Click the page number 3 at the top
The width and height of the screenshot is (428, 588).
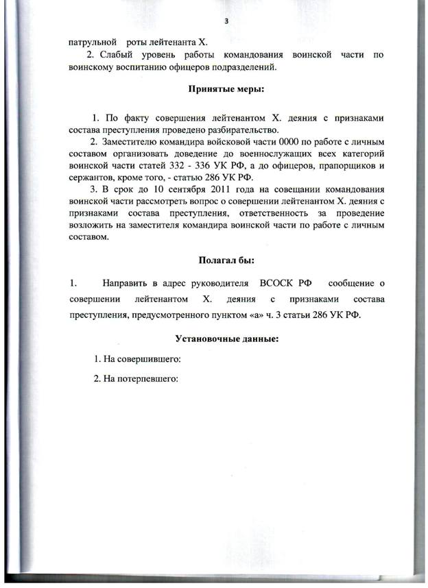[226, 21]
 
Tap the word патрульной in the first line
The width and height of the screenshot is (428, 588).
[93, 42]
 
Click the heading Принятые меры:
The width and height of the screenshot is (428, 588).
[226, 89]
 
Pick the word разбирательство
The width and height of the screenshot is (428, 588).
[222, 130]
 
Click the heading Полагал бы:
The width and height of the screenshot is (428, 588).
[226, 260]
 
